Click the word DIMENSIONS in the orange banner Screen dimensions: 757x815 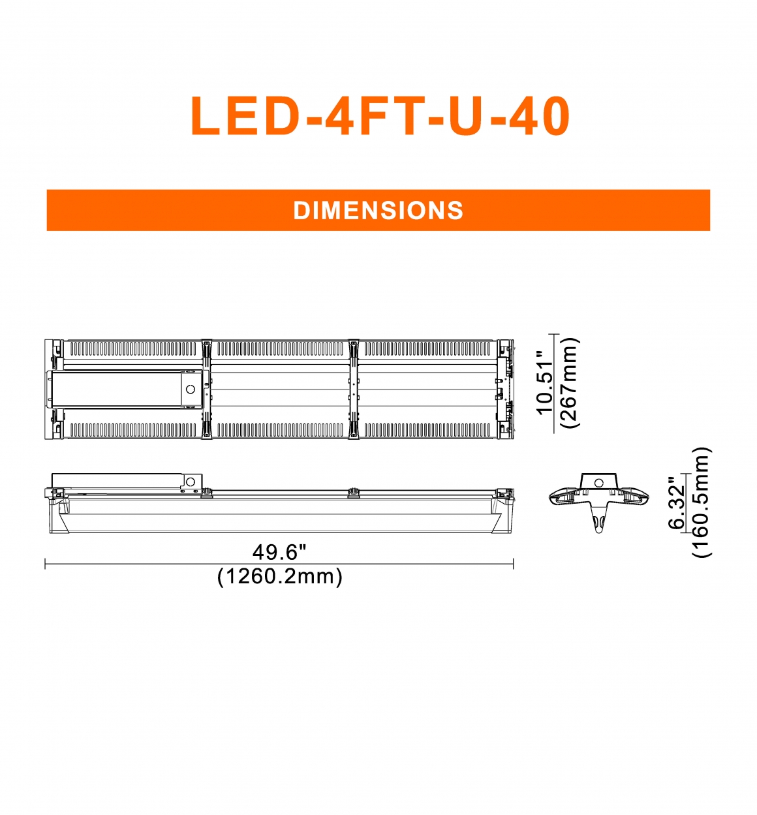[x=378, y=210]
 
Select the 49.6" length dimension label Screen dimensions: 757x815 [x=279, y=553]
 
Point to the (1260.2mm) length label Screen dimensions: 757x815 [x=279, y=577]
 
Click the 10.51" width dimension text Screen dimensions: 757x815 [x=545, y=383]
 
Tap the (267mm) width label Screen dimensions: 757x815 [x=570, y=383]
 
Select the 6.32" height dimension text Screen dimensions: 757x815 [x=677, y=504]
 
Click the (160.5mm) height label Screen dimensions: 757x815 [x=702, y=502]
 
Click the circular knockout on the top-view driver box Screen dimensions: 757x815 [x=191, y=389]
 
